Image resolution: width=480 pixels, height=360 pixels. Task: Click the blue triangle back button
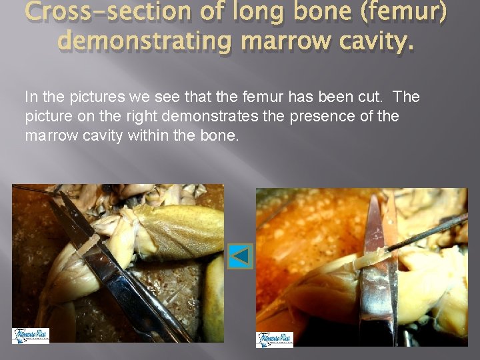[240, 256]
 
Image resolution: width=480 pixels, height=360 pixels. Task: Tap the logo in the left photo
[31, 335]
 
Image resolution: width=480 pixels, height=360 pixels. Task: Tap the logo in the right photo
[275, 339]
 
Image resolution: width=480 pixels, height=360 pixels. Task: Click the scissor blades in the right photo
[380, 267]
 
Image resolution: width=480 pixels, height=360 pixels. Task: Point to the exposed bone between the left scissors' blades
[85, 246]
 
